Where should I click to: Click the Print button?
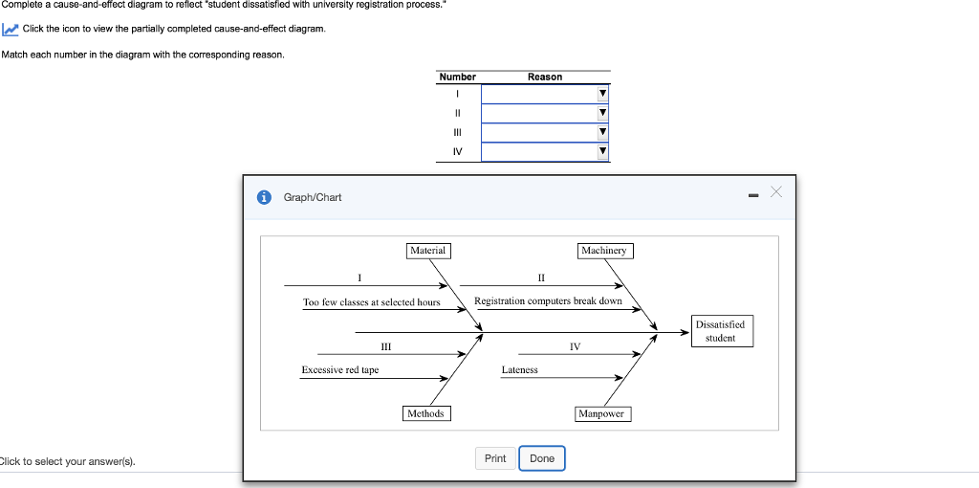point(495,458)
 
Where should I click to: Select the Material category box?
point(427,251)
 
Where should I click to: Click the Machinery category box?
point(604,251)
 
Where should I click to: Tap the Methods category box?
point(425,413)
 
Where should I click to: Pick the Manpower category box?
point(601,413)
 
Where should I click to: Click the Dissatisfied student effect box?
point(720,331)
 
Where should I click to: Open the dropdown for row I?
point(601,94)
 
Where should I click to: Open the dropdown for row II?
point(601,113)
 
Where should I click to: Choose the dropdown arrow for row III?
point(601,132)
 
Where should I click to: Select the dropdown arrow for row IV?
point(601,151)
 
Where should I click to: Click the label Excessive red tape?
point(340,370)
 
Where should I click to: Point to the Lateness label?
point(519,370)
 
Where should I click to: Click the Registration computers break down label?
point(548,301)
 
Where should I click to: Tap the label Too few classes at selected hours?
point(372,302)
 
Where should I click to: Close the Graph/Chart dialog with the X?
point(776,193)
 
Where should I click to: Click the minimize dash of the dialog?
point(753,196)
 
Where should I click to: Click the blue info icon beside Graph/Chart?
point(263,197)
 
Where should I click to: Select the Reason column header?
point(545,77)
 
